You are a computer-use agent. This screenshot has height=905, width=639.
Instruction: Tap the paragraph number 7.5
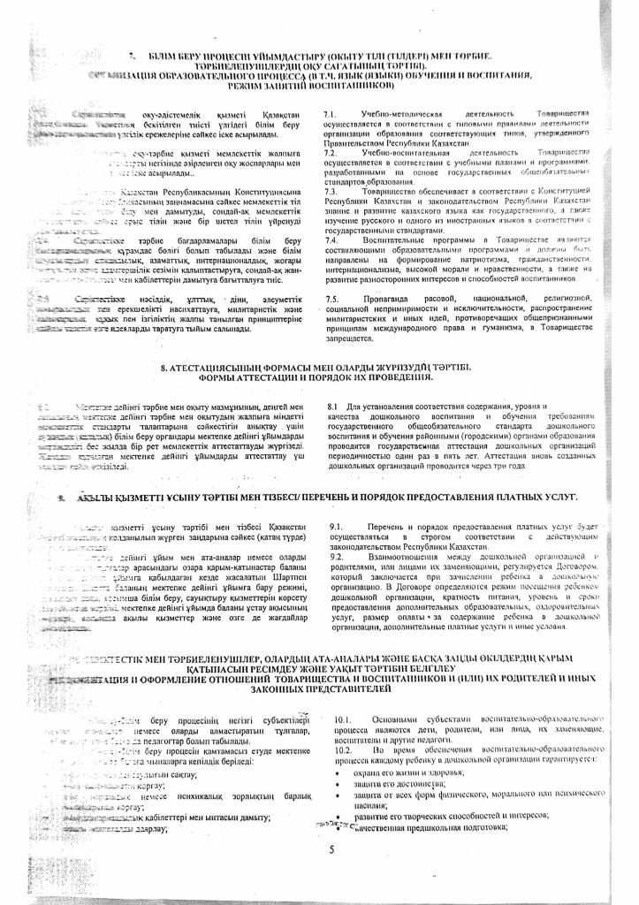[x=331, y=301]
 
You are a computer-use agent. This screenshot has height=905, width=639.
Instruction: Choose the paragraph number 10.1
[x=346, y=721]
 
